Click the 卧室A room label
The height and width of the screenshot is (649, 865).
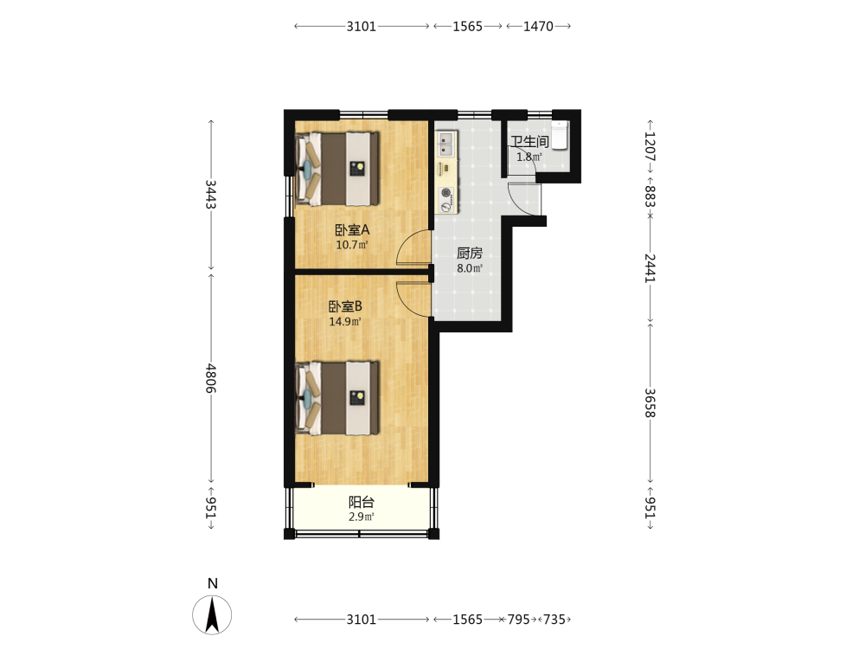coord(352,229)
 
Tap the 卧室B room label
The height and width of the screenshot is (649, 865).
coord(345,306)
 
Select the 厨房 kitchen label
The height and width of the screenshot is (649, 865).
coord(470,254)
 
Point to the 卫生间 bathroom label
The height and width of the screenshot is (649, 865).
coord(529,142)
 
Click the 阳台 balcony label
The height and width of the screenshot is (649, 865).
coord(362,502)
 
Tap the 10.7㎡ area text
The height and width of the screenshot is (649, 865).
coord(352,245)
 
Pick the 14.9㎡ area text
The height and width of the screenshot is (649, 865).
coord(345,321)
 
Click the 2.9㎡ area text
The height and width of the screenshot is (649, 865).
coord(362,517)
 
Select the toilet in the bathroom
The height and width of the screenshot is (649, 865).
coord(560,135)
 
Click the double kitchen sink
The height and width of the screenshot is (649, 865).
coord(446,144)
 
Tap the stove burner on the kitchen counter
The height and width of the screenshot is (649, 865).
coord(446,194)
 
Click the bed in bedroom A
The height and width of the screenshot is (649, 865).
coord(337,169)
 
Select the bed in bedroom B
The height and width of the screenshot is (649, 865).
coord(337,398)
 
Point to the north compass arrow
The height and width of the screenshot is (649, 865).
coord(212,614)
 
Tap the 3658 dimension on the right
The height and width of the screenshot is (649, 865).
coord(650,403)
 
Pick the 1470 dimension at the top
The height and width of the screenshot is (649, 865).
coord(538,26)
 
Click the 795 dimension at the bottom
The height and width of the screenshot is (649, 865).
coord(518,620)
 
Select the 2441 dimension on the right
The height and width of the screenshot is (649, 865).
coord(650,268)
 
